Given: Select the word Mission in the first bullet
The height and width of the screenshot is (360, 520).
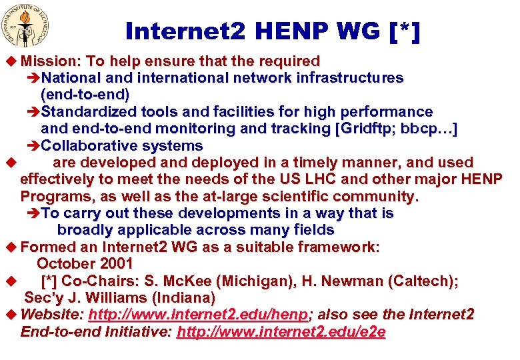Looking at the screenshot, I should point(51,61).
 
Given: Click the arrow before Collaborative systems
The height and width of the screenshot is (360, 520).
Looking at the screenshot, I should point(35,146).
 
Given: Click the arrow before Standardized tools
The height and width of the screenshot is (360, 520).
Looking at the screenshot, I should point(35,112).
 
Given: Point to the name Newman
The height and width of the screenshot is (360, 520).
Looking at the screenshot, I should point(367,281).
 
